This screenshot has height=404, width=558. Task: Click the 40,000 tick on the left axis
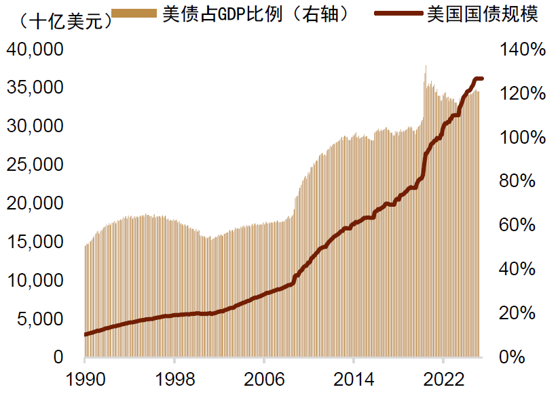[x=36, y=50]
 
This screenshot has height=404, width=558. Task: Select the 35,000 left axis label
[x=36, y=88]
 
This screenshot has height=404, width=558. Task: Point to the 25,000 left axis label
[x=36, y=165]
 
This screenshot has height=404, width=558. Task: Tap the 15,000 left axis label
[x=36, y=242]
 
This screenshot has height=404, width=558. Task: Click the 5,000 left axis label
[x=41, y=319]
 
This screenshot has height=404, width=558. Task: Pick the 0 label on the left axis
[x=58, y=357]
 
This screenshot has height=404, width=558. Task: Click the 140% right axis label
[x=523, y=50]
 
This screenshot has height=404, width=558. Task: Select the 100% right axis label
[x=523, y=138]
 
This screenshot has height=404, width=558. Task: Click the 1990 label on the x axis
[x=86, y=379]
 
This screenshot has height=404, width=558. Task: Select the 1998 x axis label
[x=175, y=379]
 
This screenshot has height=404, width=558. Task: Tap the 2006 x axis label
[x=264, y=379]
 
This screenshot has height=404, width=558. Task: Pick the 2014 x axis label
[x=353, y=379]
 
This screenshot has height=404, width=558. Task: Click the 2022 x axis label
[x=442, y=379]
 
